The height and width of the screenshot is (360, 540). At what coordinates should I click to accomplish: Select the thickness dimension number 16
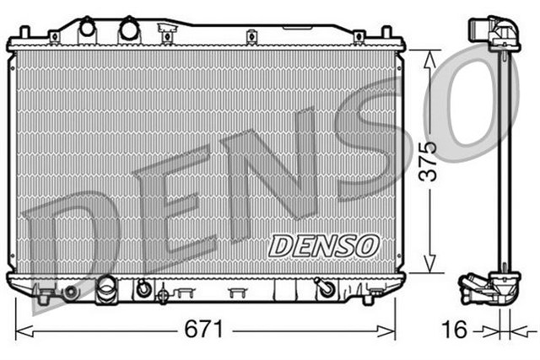click(455, 330)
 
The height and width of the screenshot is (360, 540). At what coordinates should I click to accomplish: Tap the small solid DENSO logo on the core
click(323, 244)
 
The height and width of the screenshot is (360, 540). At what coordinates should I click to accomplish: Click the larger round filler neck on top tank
click(128, 30)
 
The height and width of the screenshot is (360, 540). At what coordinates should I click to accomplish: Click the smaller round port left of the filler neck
click(87, 29)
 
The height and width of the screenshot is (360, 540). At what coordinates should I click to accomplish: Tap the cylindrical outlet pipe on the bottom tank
click(106, 292)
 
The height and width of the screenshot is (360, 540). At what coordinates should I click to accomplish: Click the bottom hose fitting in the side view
click(479, 289)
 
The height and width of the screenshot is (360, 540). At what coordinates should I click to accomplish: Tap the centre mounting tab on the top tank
click(251, 36)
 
